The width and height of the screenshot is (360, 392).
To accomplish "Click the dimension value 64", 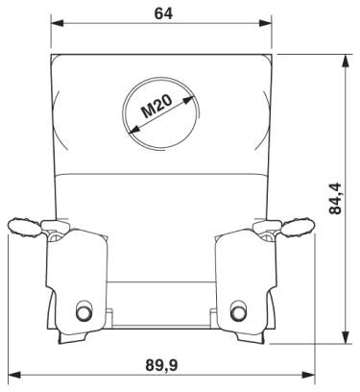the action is (163, 13).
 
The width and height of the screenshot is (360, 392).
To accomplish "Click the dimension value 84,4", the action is (336, 199).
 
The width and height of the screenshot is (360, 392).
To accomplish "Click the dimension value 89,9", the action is (161, 365).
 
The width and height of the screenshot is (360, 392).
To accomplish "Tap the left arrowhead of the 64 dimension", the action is (58, 23).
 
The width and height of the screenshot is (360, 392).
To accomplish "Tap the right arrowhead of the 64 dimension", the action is (265, 23).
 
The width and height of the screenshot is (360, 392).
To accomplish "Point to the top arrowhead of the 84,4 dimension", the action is (346, 61).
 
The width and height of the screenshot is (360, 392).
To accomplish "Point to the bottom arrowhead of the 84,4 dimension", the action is (346, 337).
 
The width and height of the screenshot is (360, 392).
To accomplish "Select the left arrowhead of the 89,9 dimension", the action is (14, 375).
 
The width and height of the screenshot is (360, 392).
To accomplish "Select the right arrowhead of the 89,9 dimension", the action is (308, 375).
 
